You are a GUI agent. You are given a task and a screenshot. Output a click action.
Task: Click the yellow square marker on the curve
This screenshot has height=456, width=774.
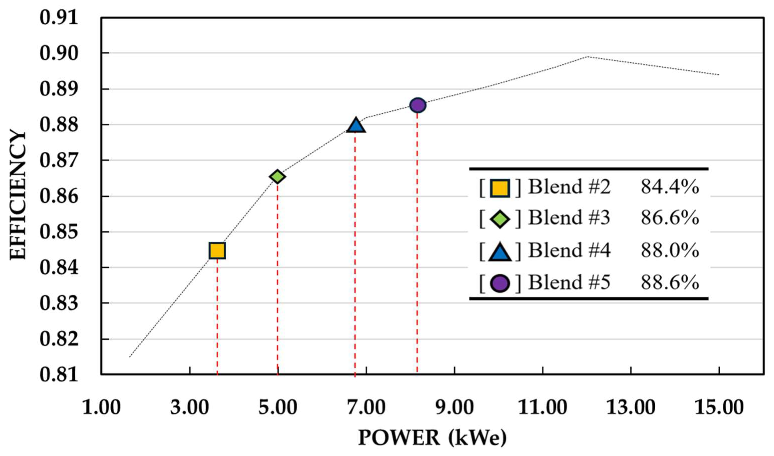click(217, 250)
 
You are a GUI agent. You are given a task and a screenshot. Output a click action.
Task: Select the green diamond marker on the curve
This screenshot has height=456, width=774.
click(277, 176)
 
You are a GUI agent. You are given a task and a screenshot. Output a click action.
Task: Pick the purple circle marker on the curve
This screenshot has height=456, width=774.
click(418, 105)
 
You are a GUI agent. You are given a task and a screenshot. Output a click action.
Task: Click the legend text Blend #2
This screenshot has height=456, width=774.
click(569, 187)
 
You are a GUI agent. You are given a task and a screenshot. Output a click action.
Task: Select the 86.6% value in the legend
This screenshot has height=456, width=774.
click(670, 218)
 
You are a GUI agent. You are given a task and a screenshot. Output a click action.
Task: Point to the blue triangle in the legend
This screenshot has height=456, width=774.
click(500, 252)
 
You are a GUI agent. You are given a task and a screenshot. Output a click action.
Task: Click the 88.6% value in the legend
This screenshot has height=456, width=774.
click(670, 282)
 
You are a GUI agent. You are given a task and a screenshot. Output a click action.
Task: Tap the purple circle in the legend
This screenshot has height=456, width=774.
click(500, 283)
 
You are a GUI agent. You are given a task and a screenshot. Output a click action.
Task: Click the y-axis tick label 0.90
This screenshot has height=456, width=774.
click(58, 53)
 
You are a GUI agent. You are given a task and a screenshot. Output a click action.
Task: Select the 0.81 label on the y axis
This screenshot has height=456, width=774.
click(58, 375)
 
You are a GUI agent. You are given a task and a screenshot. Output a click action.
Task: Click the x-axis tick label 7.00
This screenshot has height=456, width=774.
click(366, 408)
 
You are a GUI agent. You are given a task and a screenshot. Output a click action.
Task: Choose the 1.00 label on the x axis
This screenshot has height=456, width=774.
click(101, 408)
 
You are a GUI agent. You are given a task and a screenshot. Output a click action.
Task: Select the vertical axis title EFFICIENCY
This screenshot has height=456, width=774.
click(18, 195)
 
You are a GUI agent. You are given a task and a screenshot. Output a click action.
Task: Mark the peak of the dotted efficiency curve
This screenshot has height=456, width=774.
click(587, 56)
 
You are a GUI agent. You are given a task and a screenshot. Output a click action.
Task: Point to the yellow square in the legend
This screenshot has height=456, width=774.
click(500, 188)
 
